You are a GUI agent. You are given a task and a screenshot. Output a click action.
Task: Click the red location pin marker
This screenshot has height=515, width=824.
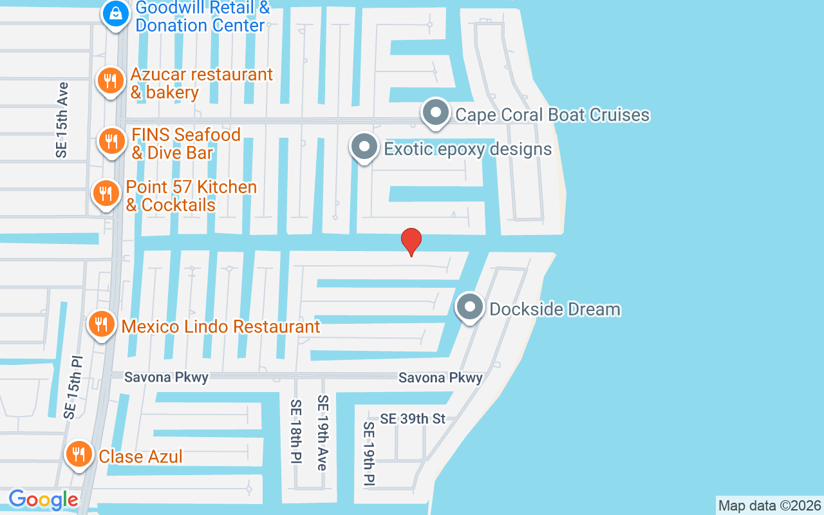click(x=411, y=241)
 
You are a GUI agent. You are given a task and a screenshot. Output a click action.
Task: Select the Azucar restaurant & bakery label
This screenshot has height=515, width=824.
click(x=201, y=84)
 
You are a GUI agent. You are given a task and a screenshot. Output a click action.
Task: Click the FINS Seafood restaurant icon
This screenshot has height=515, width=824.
click(x=111, y=141)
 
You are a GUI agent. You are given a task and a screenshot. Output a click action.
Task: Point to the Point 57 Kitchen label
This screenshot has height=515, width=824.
click(x=191, y=196)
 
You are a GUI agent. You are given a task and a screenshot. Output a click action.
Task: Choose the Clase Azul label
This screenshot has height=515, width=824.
click(x=140, y=456)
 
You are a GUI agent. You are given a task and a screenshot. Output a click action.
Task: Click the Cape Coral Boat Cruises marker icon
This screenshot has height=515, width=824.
click(x=436, y=113)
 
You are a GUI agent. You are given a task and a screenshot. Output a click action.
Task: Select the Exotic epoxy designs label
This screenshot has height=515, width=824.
click(x=468, y=149)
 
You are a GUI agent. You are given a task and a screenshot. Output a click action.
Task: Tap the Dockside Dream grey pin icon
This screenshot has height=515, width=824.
click(x=470, y=307)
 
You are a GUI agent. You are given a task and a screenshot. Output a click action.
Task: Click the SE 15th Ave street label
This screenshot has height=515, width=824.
click(x=62, y=120)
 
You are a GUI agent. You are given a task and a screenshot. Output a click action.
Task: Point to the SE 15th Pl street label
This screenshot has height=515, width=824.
click(x=73, y=386)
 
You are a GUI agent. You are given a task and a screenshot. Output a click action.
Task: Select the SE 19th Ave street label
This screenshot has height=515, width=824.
click(x=323, y=432)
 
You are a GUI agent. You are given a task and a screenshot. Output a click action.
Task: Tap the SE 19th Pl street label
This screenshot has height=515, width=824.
click(x=369, y=453)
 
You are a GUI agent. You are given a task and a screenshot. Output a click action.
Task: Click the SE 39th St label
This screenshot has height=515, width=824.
click(x=413, y=418)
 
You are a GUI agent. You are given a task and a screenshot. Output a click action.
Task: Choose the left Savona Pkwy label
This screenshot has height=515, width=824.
click(x=166, y=377)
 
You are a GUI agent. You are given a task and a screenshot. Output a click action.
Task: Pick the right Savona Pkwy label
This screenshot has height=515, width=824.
click(x=440, y=378)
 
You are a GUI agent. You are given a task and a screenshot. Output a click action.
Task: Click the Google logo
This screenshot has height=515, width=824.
click(x=43, y=500)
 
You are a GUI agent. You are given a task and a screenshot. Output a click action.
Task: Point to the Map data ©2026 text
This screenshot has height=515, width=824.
click(x=770, y=506)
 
